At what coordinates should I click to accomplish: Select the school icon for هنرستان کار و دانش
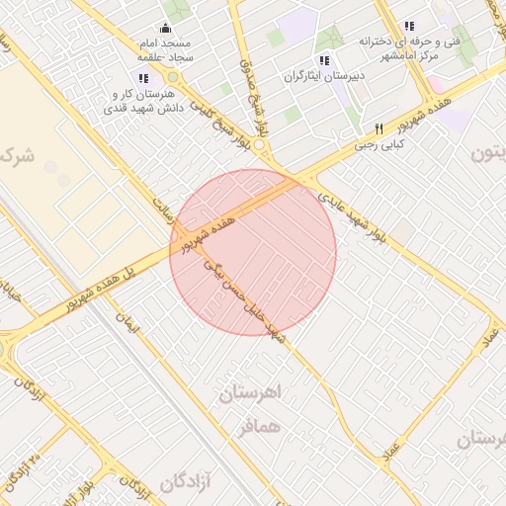(x=143, y=77)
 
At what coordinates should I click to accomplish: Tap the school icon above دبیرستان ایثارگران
(x=324, y=60)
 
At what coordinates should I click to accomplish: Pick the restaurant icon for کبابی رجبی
(x=379, y=128)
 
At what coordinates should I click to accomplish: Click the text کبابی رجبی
(x=379, y=144)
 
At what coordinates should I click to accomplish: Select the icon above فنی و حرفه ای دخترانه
(x=409, y=26)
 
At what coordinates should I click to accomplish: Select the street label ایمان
(x=126, y=322)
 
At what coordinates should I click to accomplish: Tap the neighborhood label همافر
(x=260, y=428)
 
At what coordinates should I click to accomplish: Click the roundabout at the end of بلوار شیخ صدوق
(x=259, y=144)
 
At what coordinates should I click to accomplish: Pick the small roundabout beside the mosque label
(x=173, y=76)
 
